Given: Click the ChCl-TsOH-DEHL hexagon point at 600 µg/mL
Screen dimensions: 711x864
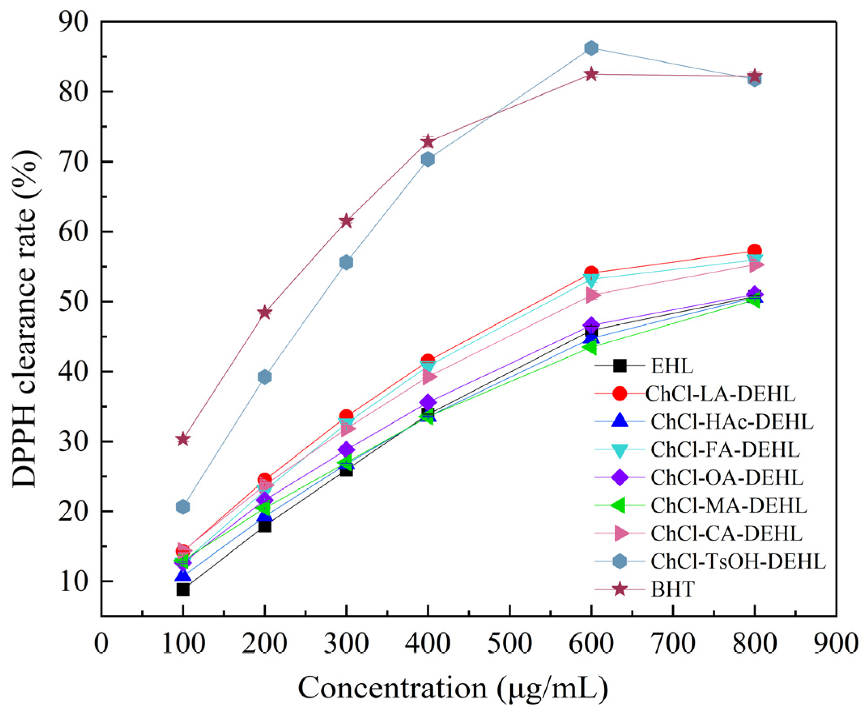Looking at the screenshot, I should tap(590, 48).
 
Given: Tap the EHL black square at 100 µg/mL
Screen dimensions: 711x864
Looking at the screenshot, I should tap(183, 590).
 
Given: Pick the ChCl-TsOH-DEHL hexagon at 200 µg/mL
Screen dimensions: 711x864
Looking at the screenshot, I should tap(265, 377).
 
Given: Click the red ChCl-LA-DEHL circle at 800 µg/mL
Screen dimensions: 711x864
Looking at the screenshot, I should tap(754, 251).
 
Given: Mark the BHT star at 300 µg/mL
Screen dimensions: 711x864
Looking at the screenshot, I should tap(346, 221).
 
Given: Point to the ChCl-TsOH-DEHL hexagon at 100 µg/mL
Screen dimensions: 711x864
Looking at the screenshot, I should tap(183, 507).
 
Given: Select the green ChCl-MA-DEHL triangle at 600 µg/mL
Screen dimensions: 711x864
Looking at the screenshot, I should tap(590, 348).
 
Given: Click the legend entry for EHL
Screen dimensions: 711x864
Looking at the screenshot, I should tap(672, 366).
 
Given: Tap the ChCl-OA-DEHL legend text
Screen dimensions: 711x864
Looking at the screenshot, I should tap(727, 477).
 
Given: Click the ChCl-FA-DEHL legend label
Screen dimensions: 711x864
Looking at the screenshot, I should tap(725, 450).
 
